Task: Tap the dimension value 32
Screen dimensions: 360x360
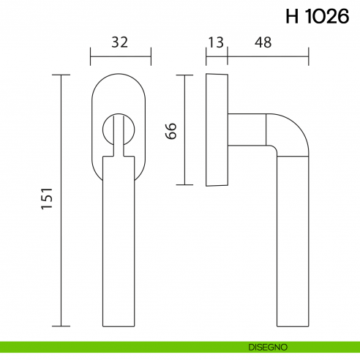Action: tap(120, 42)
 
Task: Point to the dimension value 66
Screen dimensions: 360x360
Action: tap(171, 131)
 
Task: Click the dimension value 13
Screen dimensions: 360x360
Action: tap(216, 42)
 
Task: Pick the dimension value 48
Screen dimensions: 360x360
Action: tap(263, 42)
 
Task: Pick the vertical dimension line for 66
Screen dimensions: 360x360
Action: tap(185, 130)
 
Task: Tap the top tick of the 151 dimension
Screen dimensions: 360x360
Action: tap(62, 75)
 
